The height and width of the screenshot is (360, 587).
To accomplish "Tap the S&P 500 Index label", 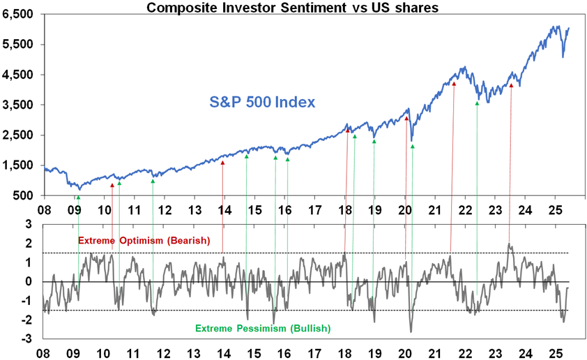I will coord(263,102).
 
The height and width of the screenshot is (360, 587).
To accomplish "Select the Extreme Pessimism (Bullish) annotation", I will coord(263,328).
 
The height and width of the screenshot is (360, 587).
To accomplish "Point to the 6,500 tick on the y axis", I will coord(23,15).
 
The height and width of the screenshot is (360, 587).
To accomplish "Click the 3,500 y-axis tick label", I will coord(23,105).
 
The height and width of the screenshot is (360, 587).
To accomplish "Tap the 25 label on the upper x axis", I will coord(555,209).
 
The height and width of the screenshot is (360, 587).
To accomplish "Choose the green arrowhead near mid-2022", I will coord(477,103).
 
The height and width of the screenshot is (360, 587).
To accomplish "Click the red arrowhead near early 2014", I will coord(222,163).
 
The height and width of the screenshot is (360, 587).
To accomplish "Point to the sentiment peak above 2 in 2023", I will coord(510,243).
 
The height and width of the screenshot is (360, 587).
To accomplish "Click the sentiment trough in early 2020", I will coord(411,331).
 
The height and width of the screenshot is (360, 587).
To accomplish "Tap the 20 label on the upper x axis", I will coord(405,209).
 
